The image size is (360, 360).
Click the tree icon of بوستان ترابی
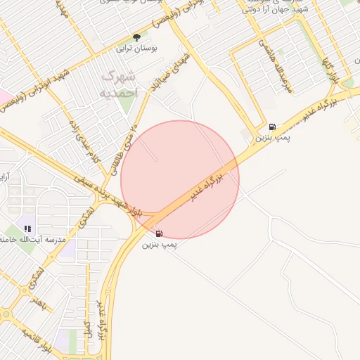point(136,37)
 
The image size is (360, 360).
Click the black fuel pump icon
point(271,127)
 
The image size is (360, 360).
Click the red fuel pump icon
point(159,233)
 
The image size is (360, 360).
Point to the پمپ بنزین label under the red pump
point(160,245)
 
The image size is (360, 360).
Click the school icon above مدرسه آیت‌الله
point(27,229)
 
